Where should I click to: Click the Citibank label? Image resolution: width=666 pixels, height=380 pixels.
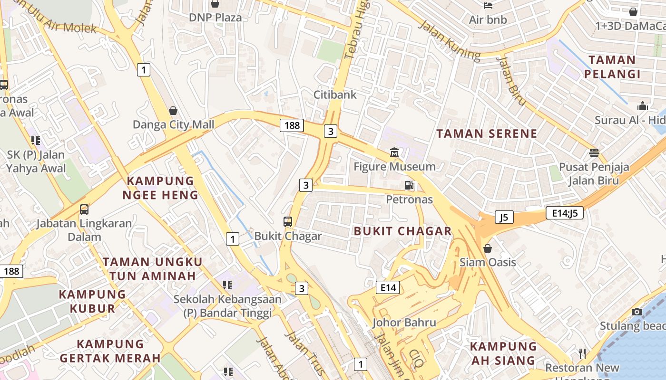tap(335, 95)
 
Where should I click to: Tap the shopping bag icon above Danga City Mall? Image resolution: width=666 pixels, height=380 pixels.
tap(173, 111)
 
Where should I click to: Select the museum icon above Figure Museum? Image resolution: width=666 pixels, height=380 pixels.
tap(394, 152)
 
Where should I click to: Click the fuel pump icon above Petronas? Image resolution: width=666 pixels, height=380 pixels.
tap(409, 185)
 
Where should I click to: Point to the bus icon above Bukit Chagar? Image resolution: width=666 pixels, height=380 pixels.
tap(288, 221)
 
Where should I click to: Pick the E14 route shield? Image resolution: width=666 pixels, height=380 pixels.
tap(388, 287)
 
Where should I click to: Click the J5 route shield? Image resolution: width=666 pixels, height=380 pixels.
tap(504, 217)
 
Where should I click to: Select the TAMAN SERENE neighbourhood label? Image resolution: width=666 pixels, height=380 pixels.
tap(487, 133)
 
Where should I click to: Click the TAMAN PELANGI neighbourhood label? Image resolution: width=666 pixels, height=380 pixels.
tap(612, 67)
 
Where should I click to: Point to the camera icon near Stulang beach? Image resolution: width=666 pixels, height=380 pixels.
tap(637, 312)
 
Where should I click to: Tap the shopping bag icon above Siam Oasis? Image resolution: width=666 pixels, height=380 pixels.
tap(488, 248)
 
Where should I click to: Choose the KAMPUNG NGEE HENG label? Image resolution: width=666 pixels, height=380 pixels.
tap(160, 188)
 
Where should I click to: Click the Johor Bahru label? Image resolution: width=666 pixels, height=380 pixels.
tap(404, 323)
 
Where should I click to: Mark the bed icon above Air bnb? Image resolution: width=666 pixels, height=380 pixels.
tap(488, 6)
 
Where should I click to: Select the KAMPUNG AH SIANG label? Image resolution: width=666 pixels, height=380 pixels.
tap(503, 353)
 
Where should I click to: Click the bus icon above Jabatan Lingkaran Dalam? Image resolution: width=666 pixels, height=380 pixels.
tap(84, 209)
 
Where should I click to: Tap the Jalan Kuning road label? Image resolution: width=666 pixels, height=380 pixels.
tap(449, 40)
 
